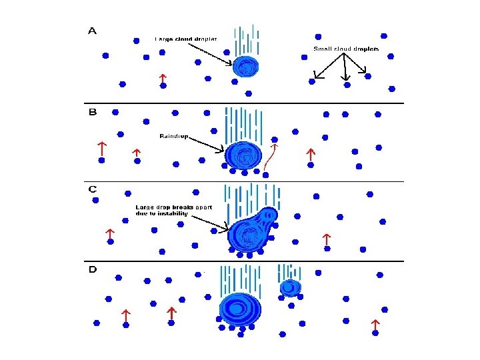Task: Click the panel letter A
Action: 92,31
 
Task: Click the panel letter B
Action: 93,112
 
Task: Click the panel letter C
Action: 93,189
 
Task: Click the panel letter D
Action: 93,269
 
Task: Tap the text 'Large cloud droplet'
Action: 186,39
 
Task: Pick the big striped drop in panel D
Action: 240,309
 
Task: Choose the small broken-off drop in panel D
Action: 289,287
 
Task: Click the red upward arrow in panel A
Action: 162,79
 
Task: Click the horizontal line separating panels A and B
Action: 247,103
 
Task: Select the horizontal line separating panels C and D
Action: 247,261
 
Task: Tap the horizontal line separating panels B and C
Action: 247,181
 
